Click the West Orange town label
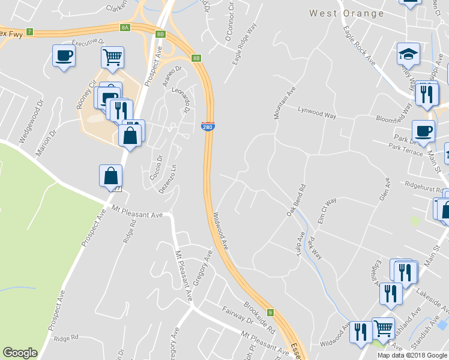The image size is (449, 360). (x=346, y=13)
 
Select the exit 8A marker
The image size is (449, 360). (x=125, y=27)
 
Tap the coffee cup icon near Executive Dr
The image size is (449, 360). (x=64, y=56)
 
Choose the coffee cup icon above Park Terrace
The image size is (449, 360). (x=423, y=131)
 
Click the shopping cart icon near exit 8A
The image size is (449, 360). (x=112, y=58)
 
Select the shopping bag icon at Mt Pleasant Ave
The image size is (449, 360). (x=110, y=176)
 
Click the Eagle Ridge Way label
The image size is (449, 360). (x=245, y=44)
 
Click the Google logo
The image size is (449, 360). (x=20, y=353)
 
